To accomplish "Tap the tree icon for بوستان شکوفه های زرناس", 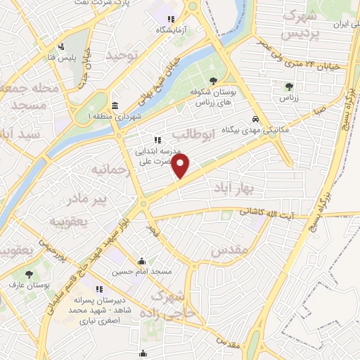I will (x=213, y=82).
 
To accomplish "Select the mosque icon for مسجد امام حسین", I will (x=142, y=260).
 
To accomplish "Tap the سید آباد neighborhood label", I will (x=19, y=134).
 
